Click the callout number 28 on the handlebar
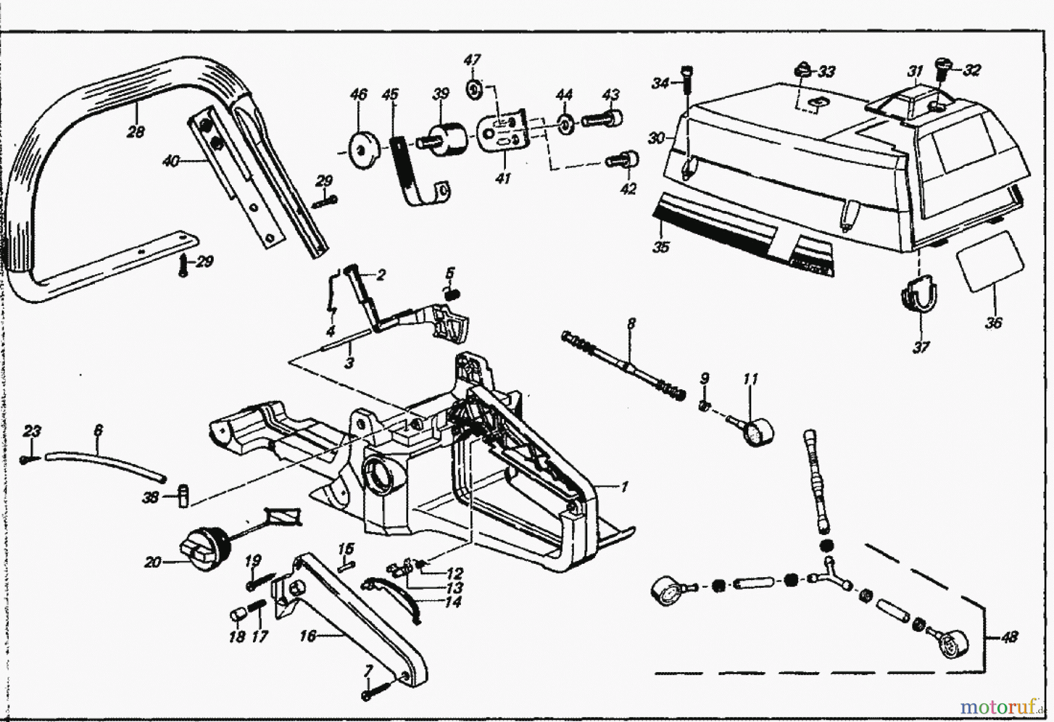click(x=135, y=132)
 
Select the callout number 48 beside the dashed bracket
click(x=1009, y=636)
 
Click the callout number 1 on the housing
click(x=624, y=486)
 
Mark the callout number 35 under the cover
click(x=661, y=247)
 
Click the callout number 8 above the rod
click(x=630, y=323)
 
